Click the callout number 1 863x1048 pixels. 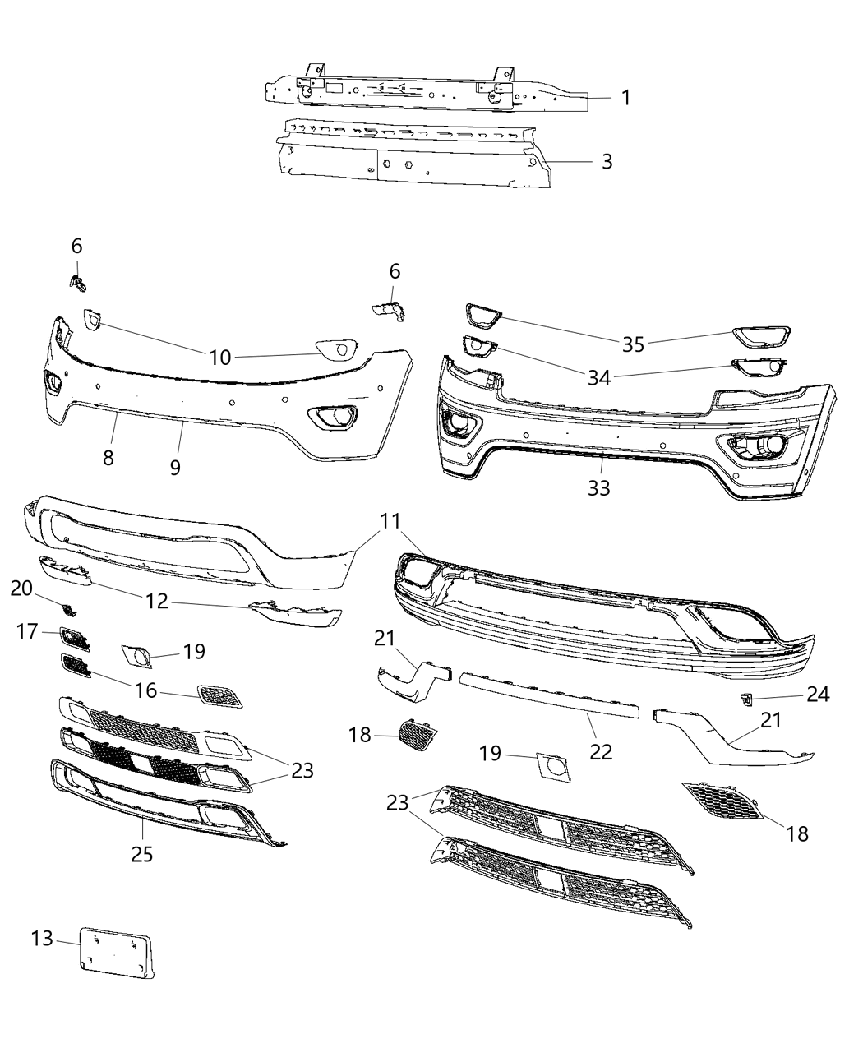click(x=625, y=98)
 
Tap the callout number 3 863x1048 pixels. click(x=607, y=161)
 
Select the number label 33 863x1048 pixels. click(x=599, y=487)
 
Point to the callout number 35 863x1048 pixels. click(x=633, y=344)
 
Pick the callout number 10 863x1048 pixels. click(x=220, y=357)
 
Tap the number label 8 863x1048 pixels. click(x=108, y=458)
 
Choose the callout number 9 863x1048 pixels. click(x=174, y=467)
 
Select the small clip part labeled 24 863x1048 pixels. click(x=747, y=699)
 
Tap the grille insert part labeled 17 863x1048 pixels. click(x=73, y=639)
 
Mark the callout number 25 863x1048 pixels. click(x=142, y=854)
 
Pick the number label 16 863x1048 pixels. click(x=145, y=690)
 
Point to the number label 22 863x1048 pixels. click(x=601, y=751)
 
